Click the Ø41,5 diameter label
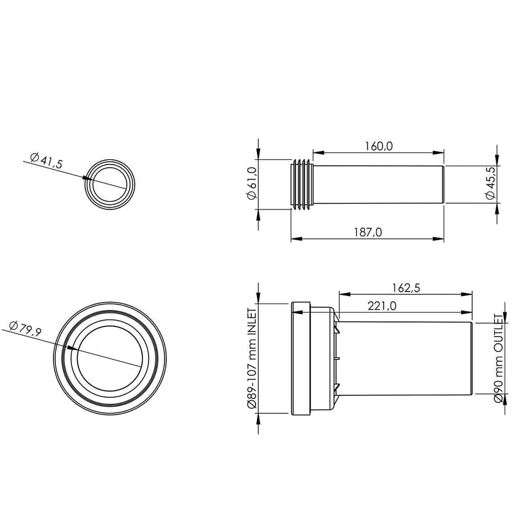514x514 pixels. (46, 161)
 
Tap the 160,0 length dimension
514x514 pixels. (378, 146)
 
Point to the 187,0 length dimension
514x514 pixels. (368, 233)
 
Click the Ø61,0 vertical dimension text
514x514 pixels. (252, 183)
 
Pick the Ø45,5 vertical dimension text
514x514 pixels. (492, 183)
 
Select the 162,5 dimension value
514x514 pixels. (405, 288)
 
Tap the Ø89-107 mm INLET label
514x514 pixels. (252, 358)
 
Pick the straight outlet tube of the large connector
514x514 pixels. (408, 358)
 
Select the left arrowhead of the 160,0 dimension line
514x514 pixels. (316, 153)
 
